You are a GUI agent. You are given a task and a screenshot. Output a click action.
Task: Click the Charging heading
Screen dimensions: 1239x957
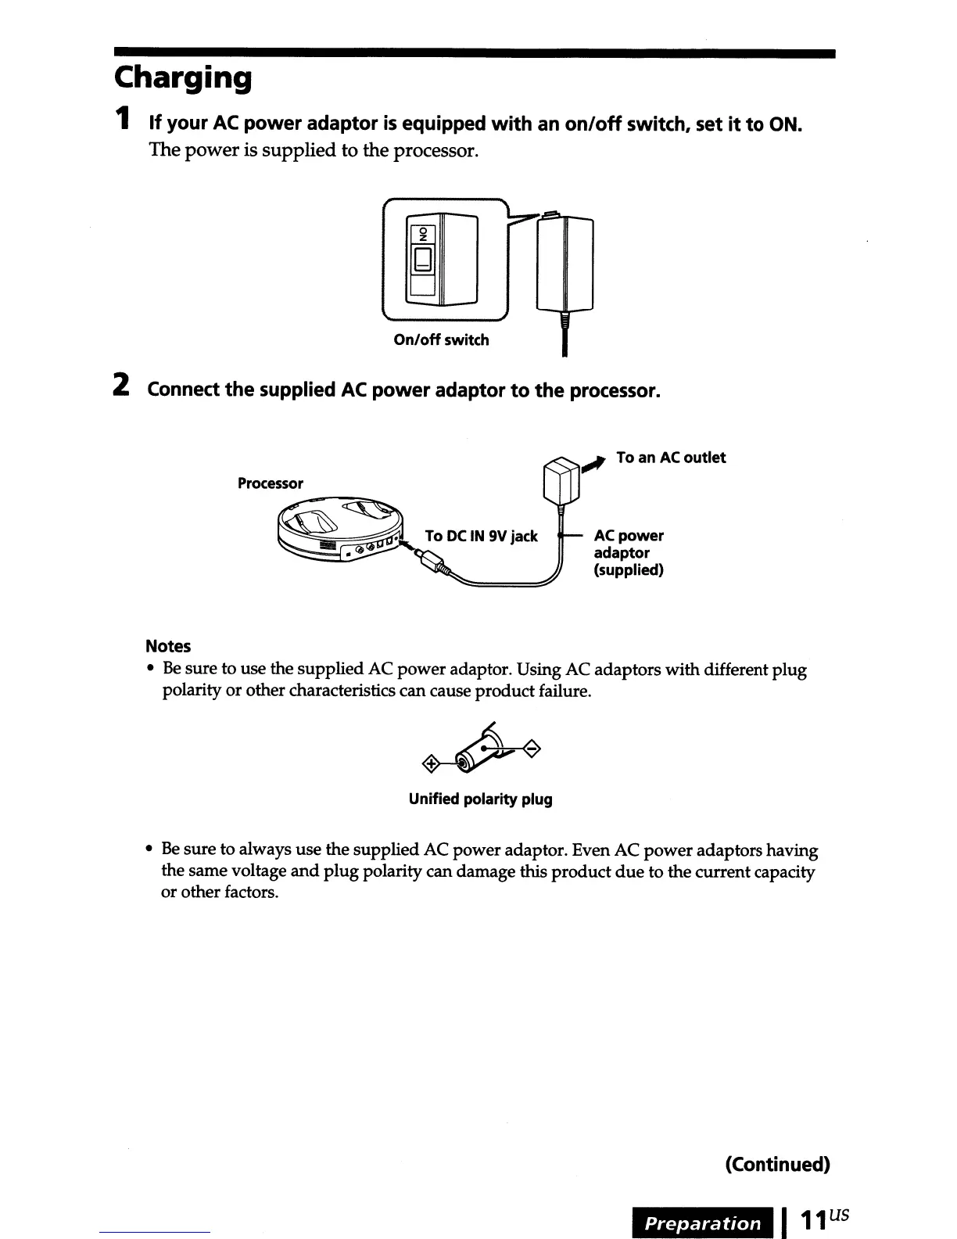[x=184, y=79]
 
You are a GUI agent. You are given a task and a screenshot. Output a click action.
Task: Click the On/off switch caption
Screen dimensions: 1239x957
[x=442, y=340]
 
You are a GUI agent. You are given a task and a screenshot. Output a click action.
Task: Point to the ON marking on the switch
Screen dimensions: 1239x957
[x=424, y=234]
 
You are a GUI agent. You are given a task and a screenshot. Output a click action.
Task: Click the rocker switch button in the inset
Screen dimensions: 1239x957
[x=423, y=259]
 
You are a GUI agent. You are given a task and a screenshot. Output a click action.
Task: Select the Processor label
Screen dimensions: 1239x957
[x=270, y=483]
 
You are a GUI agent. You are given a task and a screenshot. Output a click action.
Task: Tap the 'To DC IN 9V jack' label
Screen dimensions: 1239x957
[x=481, y=536]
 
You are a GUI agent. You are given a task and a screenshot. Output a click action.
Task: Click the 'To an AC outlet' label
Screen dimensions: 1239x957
[x=671, y=458]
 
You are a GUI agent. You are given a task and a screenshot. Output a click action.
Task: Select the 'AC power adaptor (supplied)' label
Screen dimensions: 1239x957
[x=629, y=552]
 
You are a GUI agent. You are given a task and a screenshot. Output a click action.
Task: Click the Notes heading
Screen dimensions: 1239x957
[x=168, y=646]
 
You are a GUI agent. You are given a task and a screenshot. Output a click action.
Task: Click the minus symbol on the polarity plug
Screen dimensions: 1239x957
[x=531, y=749]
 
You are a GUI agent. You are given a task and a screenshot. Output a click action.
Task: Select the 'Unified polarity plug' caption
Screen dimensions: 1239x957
[x=480, y=799]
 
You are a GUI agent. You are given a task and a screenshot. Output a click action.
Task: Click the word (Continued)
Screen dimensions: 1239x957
[x=777, y=1164]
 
